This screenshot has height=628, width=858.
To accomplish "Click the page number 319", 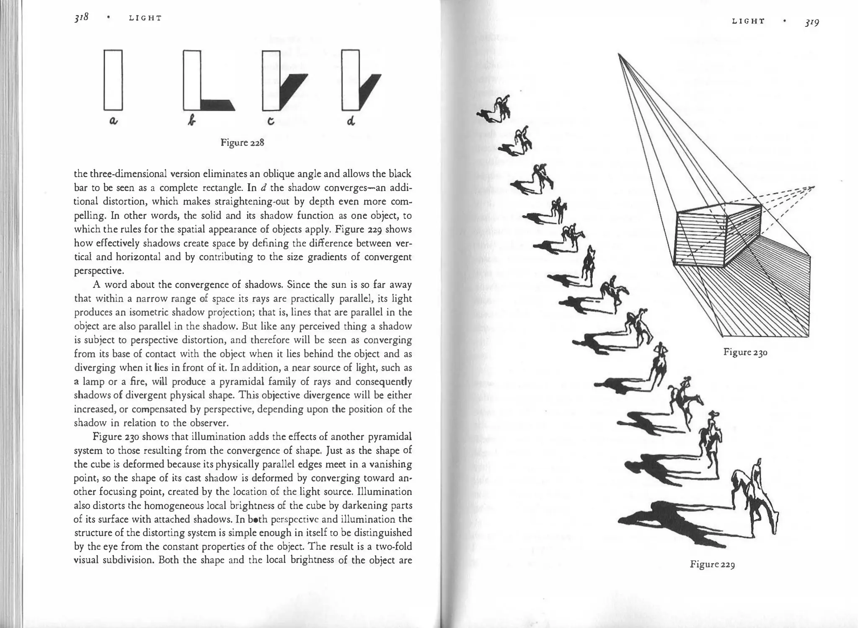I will coord(811,22).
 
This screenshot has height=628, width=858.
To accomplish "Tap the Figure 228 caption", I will coord(242,142).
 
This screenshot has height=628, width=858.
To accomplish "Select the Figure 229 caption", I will coord(712,564).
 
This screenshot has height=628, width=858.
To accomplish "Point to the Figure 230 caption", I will coord(745,352).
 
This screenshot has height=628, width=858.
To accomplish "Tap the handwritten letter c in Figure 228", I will coord(271,121).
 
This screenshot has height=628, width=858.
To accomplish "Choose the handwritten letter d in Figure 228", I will coord(351,121).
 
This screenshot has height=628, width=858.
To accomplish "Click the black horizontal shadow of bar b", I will coord(217,105).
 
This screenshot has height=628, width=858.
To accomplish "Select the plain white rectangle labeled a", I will coord(113,80).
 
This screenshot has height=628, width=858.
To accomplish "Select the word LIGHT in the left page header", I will coord(145,18).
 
